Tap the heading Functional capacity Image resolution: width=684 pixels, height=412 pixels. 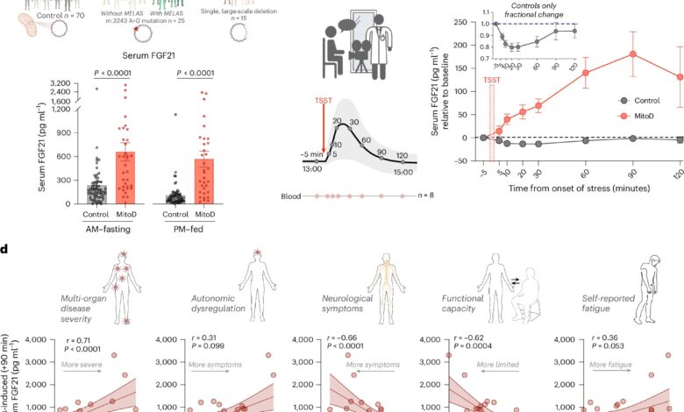click(x=475, y=305)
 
